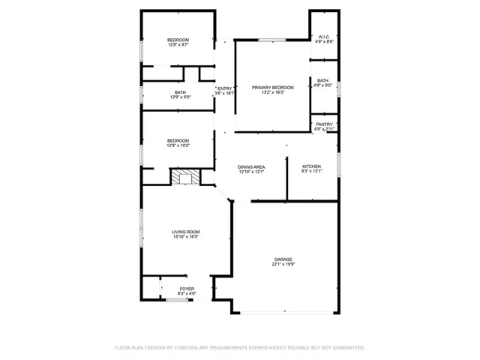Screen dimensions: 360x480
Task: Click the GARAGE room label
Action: pos(283,259)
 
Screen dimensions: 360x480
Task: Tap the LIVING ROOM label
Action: pos(186,232)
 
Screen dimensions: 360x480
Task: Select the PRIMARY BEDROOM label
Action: pos(272,88)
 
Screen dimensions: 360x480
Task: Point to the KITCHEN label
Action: pos(311,166)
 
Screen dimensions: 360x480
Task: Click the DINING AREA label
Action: pos(251,166)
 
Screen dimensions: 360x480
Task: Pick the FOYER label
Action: pos(186,288)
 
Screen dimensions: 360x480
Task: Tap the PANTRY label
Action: pos(324,124)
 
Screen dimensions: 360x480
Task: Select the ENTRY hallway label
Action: pos(225,88)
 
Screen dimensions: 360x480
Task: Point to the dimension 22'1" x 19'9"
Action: pos(283,264)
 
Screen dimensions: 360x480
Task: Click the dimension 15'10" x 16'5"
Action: pos(186,238)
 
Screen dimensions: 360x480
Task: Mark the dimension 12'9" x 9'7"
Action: pos(178,44)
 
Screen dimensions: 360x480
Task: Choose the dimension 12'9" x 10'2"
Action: pos(178,145)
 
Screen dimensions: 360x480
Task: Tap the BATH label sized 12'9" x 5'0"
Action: pos(181,92)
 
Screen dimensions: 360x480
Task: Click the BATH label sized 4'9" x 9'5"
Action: pos(322,80)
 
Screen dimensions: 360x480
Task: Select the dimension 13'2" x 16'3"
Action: pos(272,93)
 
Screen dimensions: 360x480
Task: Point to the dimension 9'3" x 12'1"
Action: pos(311,172)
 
